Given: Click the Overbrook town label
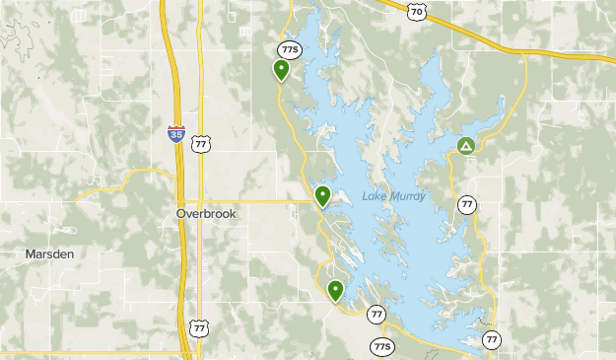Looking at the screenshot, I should (x=207, y=213).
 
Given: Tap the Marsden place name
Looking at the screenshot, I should (x=49, y=253).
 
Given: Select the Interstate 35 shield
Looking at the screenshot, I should (x=175, y=134).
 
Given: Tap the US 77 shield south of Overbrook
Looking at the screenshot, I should (x=200, y=326).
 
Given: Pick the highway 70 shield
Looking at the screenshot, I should (x=417, y=11).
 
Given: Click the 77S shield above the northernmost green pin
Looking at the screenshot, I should (x=289, y=49).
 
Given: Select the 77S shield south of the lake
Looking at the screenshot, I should (x=382, y=346).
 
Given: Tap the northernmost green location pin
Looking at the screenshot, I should (x=282, y=69).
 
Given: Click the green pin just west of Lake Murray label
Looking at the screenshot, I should (x=322, y=195).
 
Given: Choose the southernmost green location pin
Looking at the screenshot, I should (x=336, y=290).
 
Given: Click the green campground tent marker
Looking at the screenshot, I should (x=466, y=147).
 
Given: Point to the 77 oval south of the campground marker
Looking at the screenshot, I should (x=467, y=204).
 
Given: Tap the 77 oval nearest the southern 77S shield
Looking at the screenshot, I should (x=376, y=314).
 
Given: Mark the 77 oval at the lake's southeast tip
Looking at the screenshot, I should (x=492, y=339).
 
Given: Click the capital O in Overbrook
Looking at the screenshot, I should (x=181, y=213).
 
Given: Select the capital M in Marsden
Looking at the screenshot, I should (x=30, y=253).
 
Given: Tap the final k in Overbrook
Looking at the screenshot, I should (x=234, y=213).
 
